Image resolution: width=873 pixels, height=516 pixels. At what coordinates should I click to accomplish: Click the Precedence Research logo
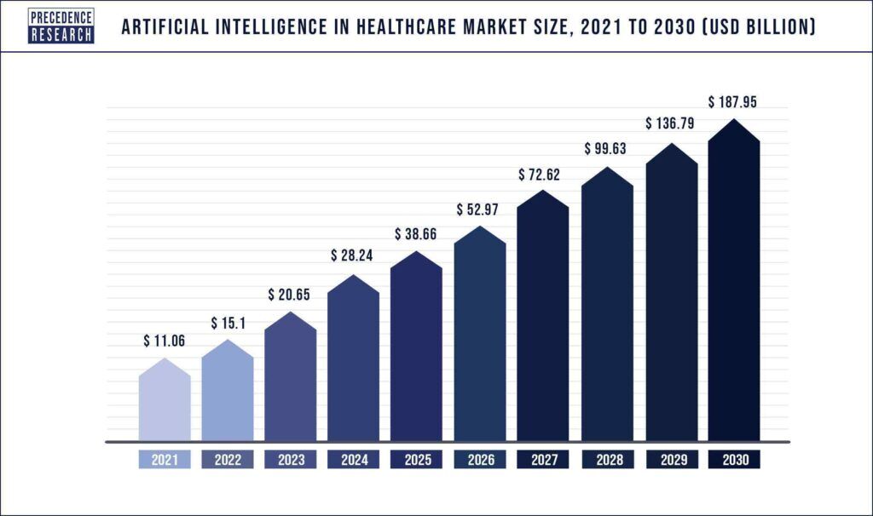point(61,26)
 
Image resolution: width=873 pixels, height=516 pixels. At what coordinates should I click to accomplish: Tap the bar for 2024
point(354,362)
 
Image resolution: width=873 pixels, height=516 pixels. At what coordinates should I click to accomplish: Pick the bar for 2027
point(543,319)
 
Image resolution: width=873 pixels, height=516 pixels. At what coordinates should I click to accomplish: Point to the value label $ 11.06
point(164,341)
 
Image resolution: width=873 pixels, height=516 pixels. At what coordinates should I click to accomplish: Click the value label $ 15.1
point(228,324)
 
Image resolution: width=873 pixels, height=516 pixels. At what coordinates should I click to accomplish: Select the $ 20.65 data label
point(291,295)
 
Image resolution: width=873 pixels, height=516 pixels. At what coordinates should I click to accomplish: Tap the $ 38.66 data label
point(417,234)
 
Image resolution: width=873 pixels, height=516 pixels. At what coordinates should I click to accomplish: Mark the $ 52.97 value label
point(480,209)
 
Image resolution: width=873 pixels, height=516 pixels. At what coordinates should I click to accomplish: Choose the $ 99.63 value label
point(606,149)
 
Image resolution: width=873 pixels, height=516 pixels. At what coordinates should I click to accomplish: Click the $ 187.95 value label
point(733,102)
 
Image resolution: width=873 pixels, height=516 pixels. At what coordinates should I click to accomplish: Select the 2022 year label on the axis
point(228,460)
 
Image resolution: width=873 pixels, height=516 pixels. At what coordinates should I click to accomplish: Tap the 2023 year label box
point(291,460)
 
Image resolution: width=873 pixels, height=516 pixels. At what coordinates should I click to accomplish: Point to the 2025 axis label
point(417,460)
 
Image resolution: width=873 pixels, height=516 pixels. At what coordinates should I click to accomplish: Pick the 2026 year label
point(480,460)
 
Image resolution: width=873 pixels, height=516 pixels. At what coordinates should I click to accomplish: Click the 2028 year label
point(606,460)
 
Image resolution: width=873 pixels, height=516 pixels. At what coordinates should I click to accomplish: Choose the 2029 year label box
point(670,460)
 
